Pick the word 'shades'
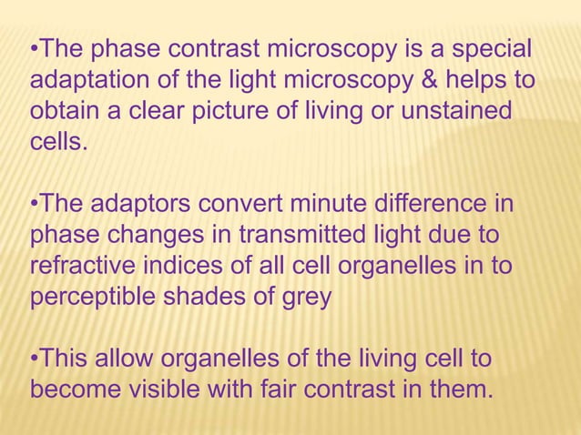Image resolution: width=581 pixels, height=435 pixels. pos(214,297)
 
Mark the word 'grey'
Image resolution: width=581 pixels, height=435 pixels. pos(306,297)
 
